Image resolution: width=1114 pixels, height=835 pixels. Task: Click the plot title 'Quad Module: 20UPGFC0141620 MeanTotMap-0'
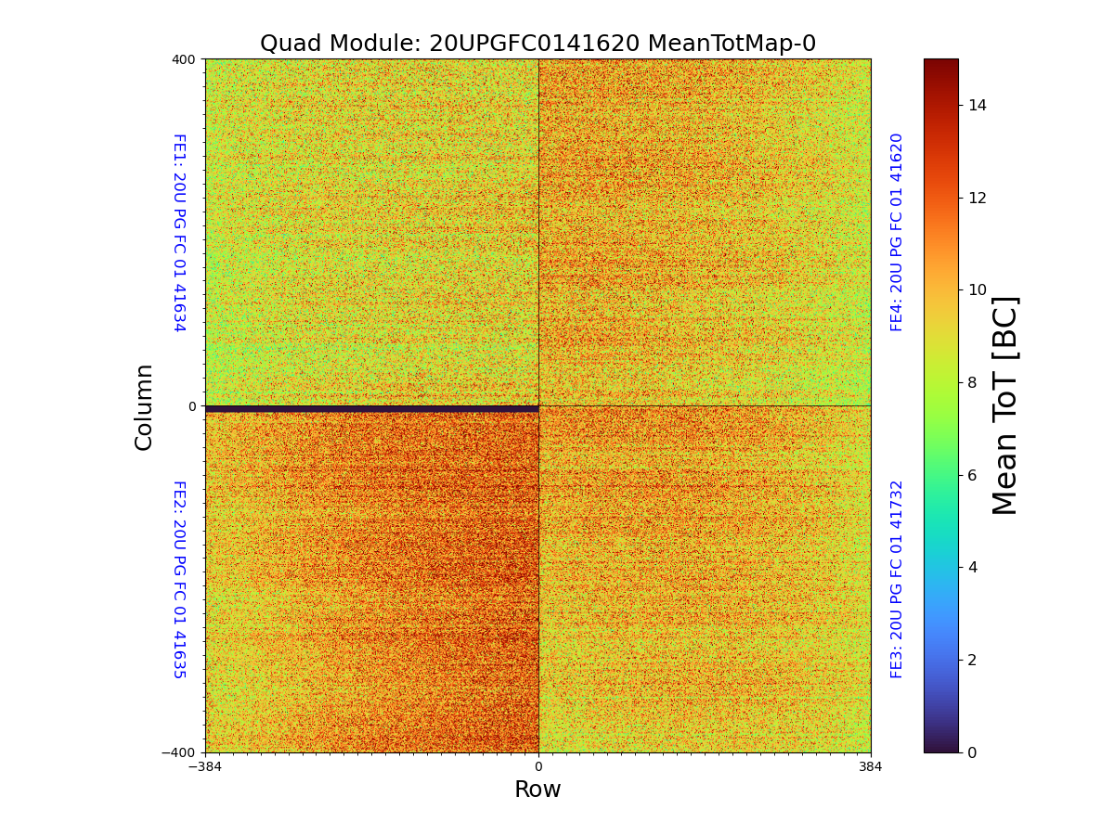538,44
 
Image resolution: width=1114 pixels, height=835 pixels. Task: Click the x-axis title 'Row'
538,790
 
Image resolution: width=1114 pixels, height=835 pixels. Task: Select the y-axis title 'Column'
144,406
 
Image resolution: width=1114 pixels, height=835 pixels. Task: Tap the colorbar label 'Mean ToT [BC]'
1005,405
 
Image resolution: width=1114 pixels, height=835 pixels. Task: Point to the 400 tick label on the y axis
184,59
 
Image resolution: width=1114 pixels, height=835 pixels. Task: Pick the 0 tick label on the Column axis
192,406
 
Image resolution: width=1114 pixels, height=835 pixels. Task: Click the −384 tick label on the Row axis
205,767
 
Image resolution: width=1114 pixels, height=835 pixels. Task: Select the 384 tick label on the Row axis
871,767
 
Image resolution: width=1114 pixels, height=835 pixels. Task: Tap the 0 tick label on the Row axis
538,767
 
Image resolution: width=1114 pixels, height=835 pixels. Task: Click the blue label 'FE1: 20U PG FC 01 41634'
178,232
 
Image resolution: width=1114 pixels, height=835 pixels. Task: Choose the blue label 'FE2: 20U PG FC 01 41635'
178,579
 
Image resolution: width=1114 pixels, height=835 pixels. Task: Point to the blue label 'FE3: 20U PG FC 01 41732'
897,579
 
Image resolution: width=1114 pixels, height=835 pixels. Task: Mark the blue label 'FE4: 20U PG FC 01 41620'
897,232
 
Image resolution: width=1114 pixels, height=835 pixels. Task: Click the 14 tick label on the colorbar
978,105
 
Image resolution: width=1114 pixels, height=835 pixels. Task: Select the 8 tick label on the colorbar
973,382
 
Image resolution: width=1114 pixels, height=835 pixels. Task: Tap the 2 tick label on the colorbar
973,660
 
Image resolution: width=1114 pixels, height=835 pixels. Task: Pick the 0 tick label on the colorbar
973,752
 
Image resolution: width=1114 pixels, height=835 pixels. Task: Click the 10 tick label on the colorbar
978,290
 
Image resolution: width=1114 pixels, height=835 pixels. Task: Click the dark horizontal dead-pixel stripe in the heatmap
371,409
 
